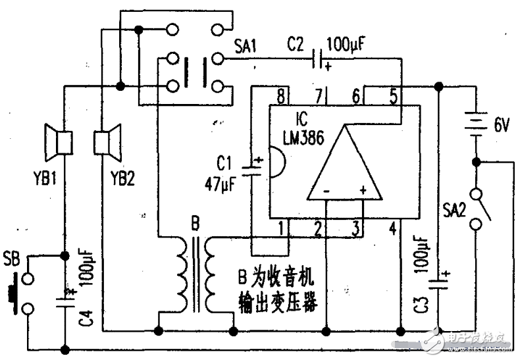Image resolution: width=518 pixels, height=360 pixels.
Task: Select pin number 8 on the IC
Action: pos(281,97)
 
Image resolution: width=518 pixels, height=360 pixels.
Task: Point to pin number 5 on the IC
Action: pos(393,97)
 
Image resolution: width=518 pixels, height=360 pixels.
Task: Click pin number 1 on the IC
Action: pos(281,229)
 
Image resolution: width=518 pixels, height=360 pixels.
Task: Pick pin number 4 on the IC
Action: pos(393,229)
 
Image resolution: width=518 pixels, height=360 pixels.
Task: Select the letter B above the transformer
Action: pos(195,224)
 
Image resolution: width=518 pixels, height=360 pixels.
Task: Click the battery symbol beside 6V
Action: pos(474,121)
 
